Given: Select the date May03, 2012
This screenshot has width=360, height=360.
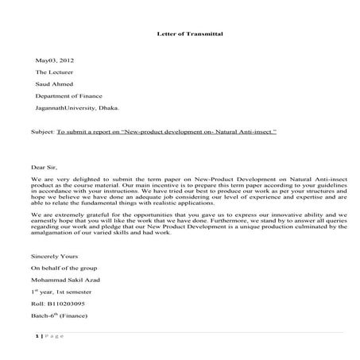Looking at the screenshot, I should [x=52, y=60].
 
